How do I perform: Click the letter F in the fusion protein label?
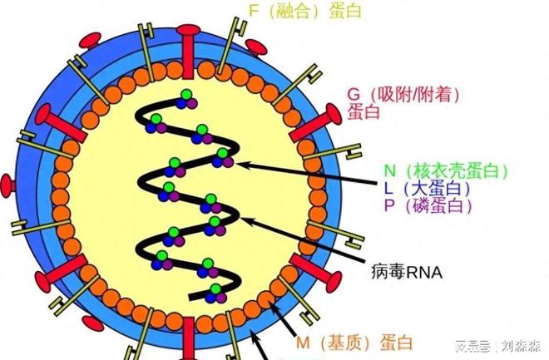coord(254,10)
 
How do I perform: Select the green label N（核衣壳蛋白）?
coord(445,170)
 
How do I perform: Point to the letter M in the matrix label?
coord(304,342)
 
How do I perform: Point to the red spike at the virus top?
coord(188,46)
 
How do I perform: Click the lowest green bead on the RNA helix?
coord(216,284)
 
